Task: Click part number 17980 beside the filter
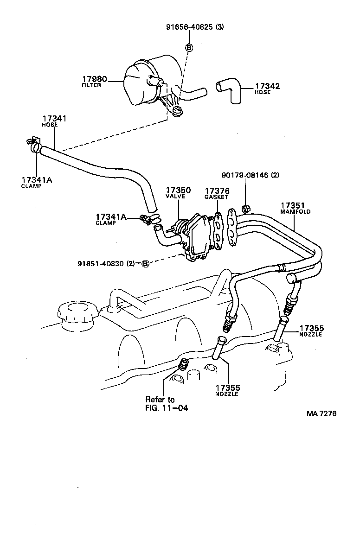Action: pyautogui.click(x=95, y=80)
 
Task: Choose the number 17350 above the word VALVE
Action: pyautogui.click(x=175, y=191)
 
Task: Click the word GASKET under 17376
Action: pyautogui.click(x=217, y=197)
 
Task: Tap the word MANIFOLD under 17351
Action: pyautogui.click(x=295, y=211)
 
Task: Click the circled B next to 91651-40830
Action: pyautogui.click(x=145, y=263)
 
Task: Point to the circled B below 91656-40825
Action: pyautogui.click(x=189, y=47)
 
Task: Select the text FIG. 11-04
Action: pyautogui.click(x=167, y=408)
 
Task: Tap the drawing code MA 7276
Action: pyautogui.click(x=321, y=413)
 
